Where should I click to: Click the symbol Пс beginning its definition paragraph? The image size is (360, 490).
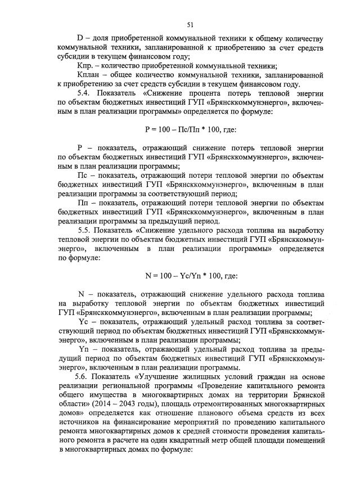tap(82, 175)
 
